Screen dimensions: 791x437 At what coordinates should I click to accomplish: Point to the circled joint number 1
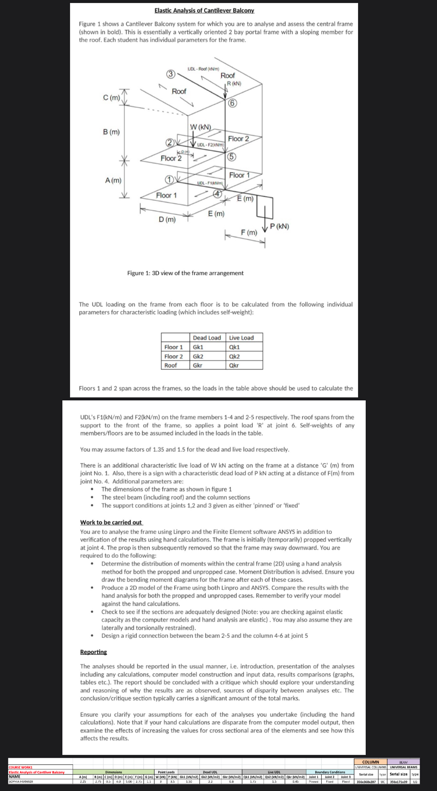click(169, 180)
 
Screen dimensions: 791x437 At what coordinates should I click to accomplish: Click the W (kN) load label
click(200, 127)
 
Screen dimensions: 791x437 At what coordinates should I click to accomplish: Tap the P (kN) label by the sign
click(280, 226)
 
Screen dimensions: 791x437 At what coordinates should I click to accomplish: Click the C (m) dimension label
click(112, 98)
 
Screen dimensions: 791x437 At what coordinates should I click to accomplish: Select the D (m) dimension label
click(167, 219)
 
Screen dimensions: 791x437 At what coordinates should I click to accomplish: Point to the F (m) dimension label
click(249, 232)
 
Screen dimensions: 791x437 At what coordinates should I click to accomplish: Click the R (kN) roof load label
click(234, 83)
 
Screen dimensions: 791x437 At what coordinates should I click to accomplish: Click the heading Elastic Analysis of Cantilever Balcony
click(204, 10)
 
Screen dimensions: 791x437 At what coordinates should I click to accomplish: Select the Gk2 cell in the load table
click(198, 356)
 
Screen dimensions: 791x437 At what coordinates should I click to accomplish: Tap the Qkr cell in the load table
click(234, 365)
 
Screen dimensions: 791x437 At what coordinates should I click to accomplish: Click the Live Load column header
click(241, 338)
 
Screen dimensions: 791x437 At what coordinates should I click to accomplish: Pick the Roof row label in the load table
click(171, 365)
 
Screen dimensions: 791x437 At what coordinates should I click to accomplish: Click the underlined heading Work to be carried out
click(111, 522)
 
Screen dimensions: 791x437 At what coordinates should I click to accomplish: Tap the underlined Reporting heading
click(93, 652)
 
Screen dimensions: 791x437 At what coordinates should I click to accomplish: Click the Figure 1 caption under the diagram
click(185, 273)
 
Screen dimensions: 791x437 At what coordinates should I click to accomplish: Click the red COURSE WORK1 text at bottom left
click(21, 767)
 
